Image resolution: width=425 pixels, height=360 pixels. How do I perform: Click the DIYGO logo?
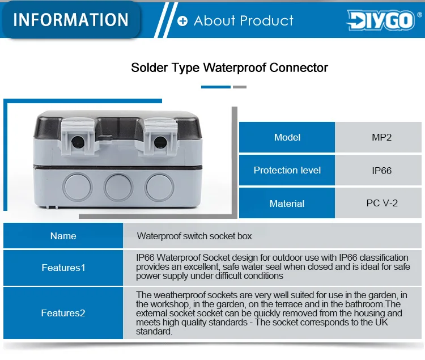[381, 20]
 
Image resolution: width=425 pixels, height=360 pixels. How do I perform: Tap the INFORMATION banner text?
[71, 19]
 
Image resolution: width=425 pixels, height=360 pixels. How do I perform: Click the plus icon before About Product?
[182, 21]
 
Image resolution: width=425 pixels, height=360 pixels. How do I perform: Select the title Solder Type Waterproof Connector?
[229, 68]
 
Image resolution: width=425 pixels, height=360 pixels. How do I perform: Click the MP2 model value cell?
[378, 137]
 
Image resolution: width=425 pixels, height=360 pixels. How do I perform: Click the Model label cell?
[287, 137]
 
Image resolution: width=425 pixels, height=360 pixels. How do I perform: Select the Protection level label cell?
[287, 171]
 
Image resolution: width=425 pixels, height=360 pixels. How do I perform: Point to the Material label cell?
[287, 203]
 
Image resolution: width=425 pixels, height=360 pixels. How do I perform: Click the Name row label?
[63, 236]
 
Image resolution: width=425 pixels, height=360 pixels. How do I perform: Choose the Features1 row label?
[63, 268]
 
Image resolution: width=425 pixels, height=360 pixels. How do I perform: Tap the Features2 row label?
[63, 313]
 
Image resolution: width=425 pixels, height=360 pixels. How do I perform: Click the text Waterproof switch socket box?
[194, 236]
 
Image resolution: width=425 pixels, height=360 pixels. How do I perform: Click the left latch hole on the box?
[78, 141]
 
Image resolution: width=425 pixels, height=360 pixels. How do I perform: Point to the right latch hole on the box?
[160, 142]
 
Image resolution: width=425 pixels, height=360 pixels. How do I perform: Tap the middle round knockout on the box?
[118, 187]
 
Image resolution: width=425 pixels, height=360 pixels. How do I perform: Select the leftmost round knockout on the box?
[78, 187]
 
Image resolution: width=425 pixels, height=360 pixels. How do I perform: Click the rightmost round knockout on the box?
[159, 187]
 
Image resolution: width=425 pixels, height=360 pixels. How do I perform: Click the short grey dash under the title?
[240, 87]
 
